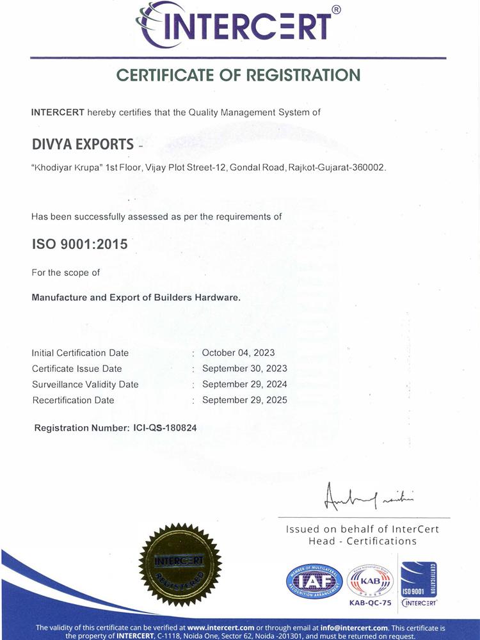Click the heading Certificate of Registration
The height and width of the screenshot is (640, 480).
(239, 75)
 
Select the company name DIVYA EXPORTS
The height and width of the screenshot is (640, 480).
(83, 143)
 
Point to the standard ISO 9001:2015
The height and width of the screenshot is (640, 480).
(79, 244)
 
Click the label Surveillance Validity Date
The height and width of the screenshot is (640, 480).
(84, 385)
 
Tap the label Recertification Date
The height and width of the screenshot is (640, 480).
(73, 401)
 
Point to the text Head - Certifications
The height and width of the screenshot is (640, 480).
(362, 541)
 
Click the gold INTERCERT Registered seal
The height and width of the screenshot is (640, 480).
(180, 564)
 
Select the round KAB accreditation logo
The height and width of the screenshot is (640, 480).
(370, 580)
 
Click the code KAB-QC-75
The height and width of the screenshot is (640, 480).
(370, 603)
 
